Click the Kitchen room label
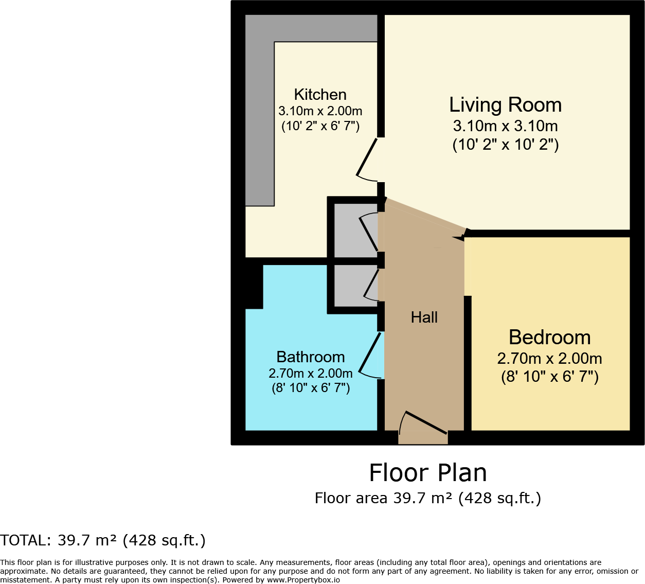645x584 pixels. pos(320,95)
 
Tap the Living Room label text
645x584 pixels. pos(505,105)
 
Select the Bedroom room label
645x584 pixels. pos(549,338)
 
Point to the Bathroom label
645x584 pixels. pos(310,357)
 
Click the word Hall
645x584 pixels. pos(424,317)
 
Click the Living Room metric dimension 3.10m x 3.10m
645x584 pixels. pos(505,126)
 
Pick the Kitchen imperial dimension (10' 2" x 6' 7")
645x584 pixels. pos(320,126)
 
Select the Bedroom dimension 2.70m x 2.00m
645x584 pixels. pos(549,359)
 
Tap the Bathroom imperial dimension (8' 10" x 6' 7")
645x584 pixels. pos(310,388)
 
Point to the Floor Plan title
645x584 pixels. pos(427,473)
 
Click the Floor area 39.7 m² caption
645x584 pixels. pos(427,498)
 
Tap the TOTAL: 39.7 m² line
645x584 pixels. pos(103,540)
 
